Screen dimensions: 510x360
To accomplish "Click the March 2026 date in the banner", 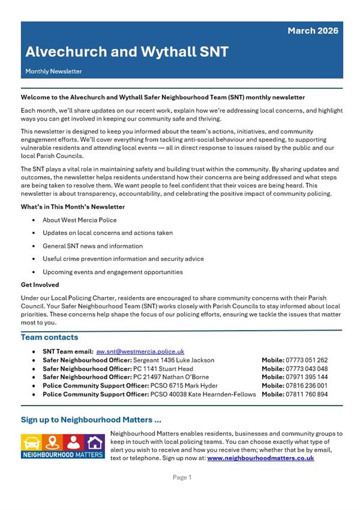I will click(313, 31).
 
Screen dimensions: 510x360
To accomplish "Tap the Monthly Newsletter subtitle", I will click(53, 71).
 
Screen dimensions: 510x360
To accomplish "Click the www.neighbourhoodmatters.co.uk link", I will click(260, 458).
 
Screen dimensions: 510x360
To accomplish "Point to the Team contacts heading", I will click(49, 338).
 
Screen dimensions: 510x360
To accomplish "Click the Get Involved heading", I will click(40, 285).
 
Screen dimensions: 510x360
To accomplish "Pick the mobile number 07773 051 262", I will click(307, 360).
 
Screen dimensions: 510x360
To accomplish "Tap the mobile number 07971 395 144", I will click(307, 377).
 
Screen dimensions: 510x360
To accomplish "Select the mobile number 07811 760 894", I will click(307, 394).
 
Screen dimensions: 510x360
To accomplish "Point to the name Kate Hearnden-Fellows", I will click(215, 394).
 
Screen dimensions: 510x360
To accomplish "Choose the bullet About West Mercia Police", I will click(80, 220).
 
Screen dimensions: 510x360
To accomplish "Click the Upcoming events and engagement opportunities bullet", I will click(113, 272).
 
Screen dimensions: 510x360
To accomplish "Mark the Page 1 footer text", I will click(182, 478).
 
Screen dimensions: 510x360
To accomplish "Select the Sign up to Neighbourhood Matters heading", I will click(91, 420).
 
